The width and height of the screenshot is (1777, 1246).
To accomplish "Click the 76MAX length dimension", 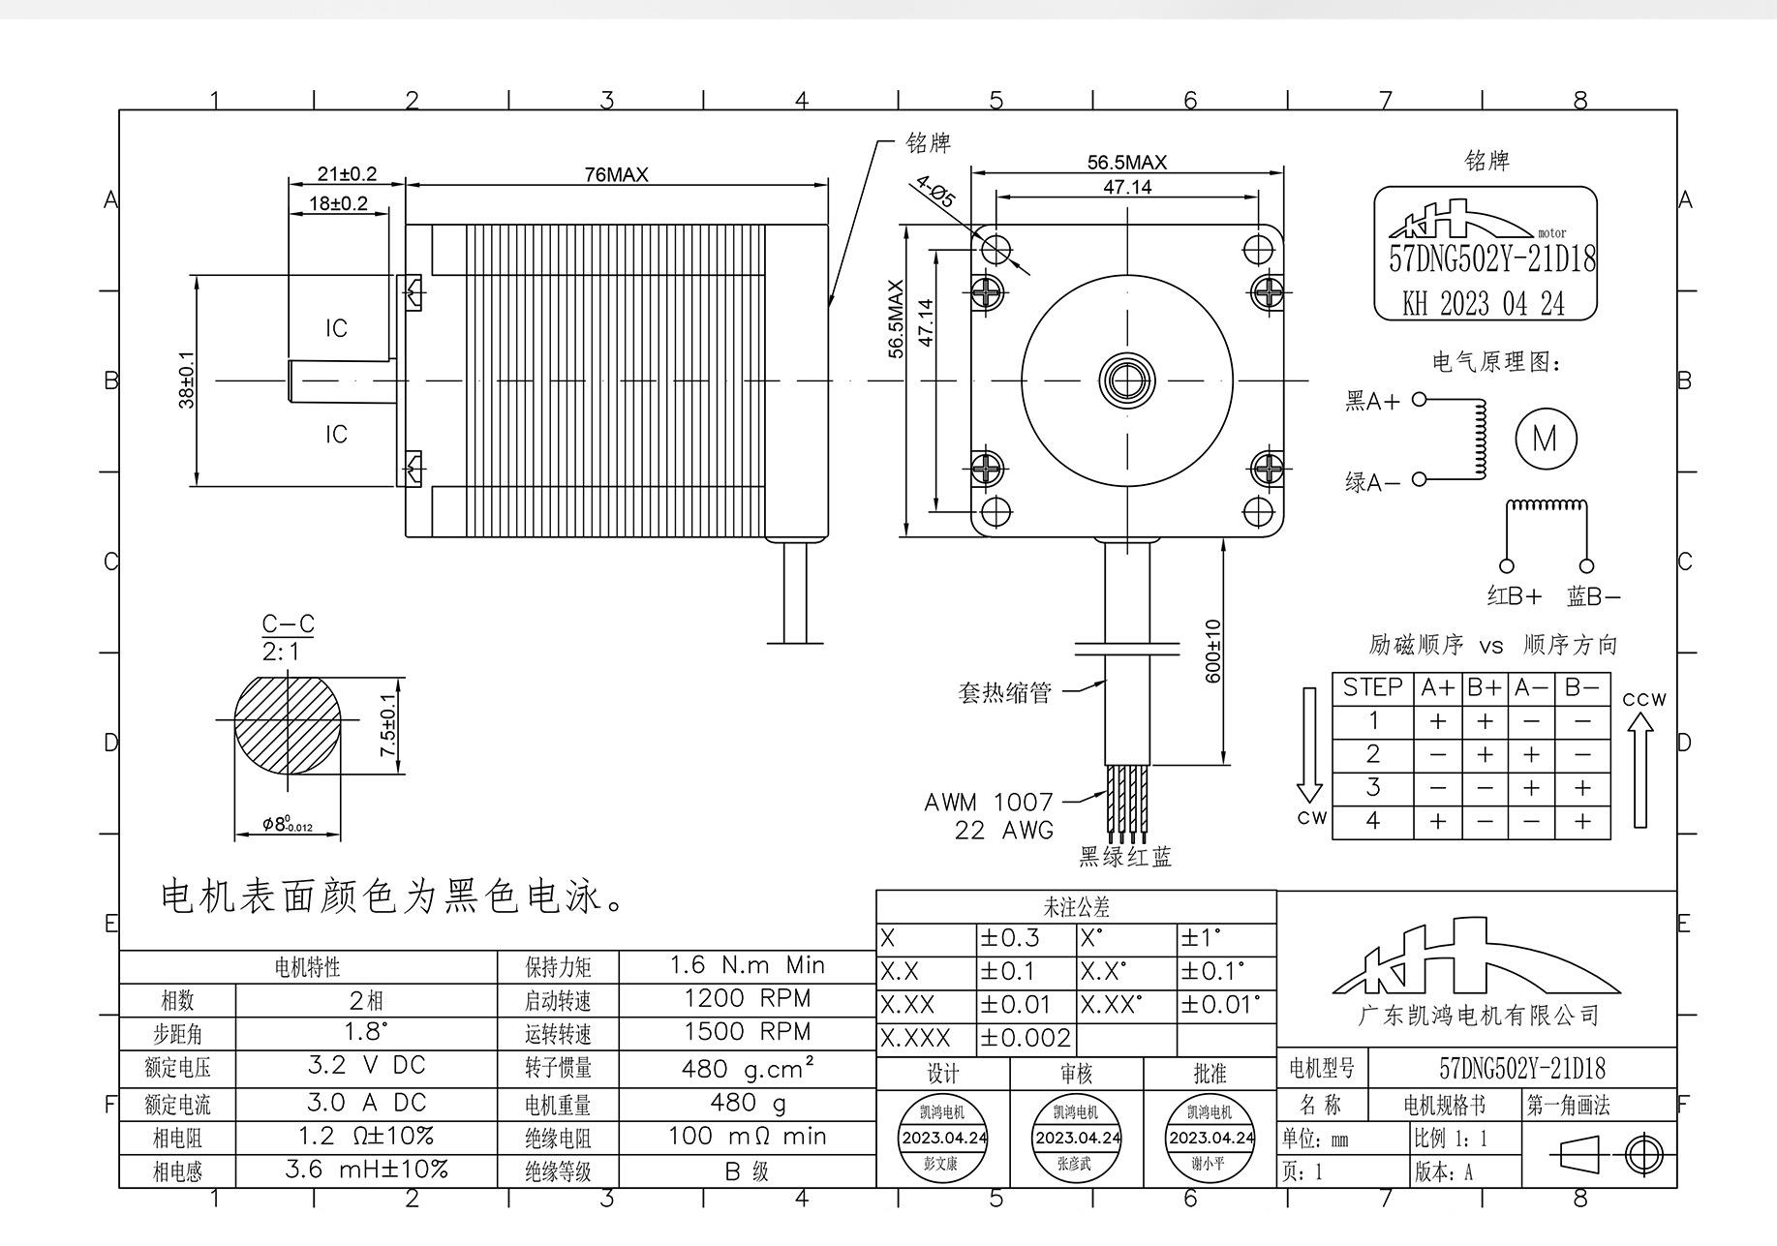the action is click(616, 174).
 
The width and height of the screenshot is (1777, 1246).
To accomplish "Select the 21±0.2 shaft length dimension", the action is click(347, 174).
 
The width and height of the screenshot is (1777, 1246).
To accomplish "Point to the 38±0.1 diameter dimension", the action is click(187, 380).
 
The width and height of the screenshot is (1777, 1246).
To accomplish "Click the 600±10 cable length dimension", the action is click(1212, 651).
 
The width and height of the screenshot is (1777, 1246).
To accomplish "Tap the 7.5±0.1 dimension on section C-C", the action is click(388, 725).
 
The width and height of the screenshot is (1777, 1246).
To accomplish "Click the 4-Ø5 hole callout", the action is click(935, 192).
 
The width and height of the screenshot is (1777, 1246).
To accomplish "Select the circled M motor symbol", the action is click(1546, 439).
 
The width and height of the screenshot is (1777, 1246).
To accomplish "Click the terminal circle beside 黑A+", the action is click(1420, 399).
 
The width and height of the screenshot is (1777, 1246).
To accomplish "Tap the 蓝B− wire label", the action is click(1593, 596).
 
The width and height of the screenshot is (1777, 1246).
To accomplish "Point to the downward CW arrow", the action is click(1309, 745).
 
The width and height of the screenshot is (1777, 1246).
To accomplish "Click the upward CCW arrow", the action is click(1639, 770).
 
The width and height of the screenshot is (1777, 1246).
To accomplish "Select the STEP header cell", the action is click(1372, 688).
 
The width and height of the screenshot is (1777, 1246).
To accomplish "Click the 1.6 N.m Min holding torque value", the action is click(748, 965).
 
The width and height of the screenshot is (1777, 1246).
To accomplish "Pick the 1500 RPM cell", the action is click(748, 1031).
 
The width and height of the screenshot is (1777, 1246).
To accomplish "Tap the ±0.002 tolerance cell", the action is click(1026, 1039).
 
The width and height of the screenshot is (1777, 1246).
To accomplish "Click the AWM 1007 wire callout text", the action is click(988, 802).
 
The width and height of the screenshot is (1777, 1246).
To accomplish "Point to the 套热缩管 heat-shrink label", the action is click(1004, 692).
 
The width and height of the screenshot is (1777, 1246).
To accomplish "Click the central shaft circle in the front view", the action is click(1127, 380).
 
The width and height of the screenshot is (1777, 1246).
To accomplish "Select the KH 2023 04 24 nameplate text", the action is click(1485, 304).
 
